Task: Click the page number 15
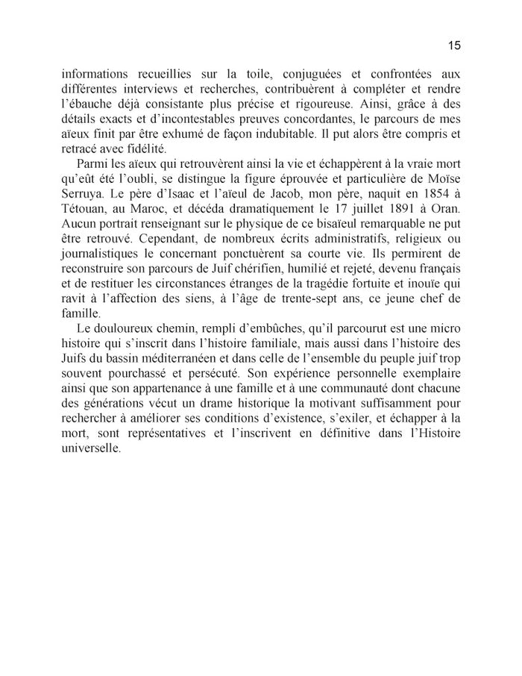click(454, 46)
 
